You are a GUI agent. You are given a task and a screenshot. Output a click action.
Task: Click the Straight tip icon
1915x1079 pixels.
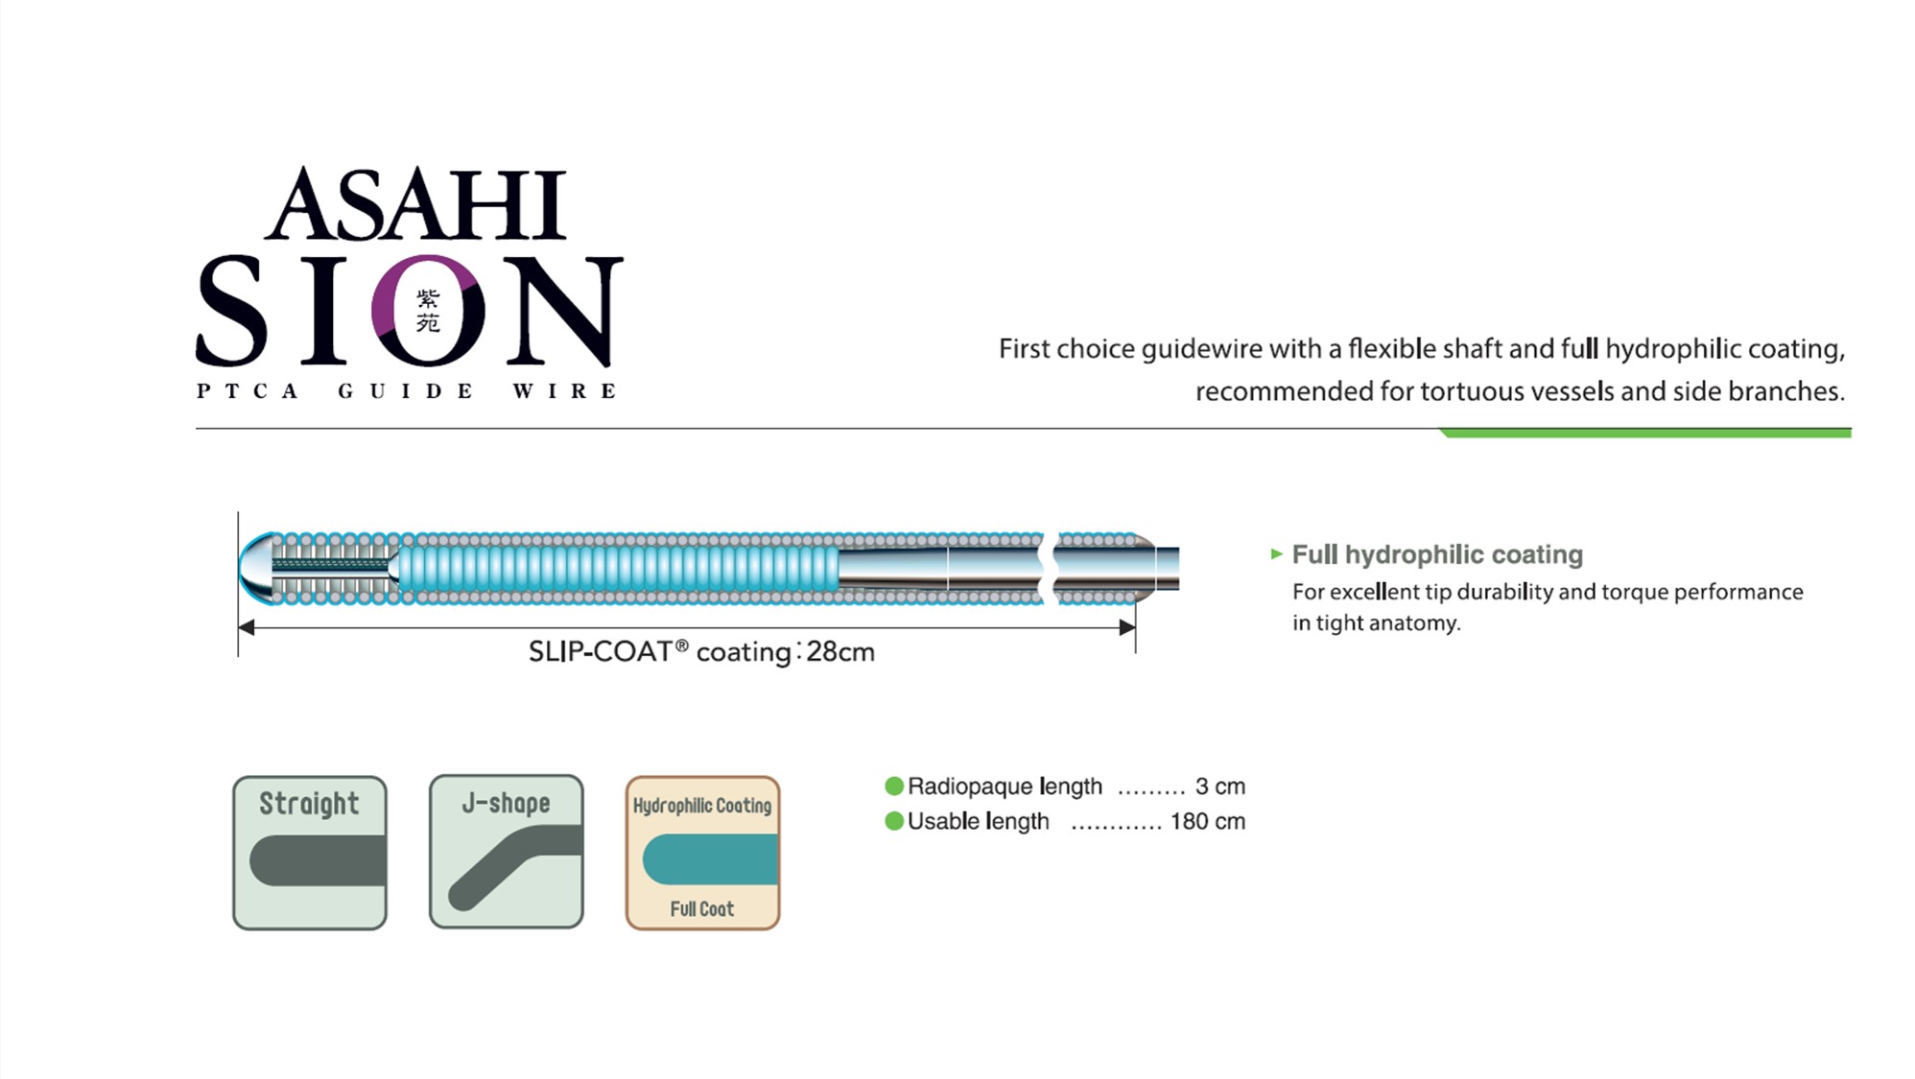tap(310, 853)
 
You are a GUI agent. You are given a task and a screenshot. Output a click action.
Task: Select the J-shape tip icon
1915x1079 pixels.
tap(507, 852)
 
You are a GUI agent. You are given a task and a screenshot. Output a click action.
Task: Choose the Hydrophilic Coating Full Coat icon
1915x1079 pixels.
tap(703, 853)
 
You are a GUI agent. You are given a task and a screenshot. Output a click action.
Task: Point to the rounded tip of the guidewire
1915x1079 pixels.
tap(254, 568)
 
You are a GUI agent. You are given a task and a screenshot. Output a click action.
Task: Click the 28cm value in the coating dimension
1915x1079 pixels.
tap(840, 652)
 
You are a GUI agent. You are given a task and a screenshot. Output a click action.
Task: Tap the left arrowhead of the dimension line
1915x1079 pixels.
tap(247, 627)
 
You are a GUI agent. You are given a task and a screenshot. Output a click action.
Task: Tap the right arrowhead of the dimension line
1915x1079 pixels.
tap(1127, 627)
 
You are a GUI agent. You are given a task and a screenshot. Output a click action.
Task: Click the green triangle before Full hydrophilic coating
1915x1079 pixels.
tap(1276, 553)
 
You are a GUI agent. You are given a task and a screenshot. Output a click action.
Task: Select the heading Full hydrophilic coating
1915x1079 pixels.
tap(1437, 554)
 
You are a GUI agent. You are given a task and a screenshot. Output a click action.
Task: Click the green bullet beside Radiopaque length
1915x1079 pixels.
tap(894, 786)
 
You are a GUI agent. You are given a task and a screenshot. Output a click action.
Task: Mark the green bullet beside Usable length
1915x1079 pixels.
tap(894, 821)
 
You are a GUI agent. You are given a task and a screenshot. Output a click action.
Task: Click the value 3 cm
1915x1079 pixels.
tap(1220, 786)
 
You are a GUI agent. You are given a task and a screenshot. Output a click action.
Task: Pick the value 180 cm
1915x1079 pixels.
tap(1208, 821)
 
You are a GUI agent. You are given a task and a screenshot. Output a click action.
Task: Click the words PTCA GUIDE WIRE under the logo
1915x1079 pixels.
tap(407, 390)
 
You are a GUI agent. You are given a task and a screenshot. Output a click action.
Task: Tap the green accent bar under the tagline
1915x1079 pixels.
tap(1645, 434)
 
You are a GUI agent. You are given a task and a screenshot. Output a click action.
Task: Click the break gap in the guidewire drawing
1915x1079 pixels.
tap(1049, 569)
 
